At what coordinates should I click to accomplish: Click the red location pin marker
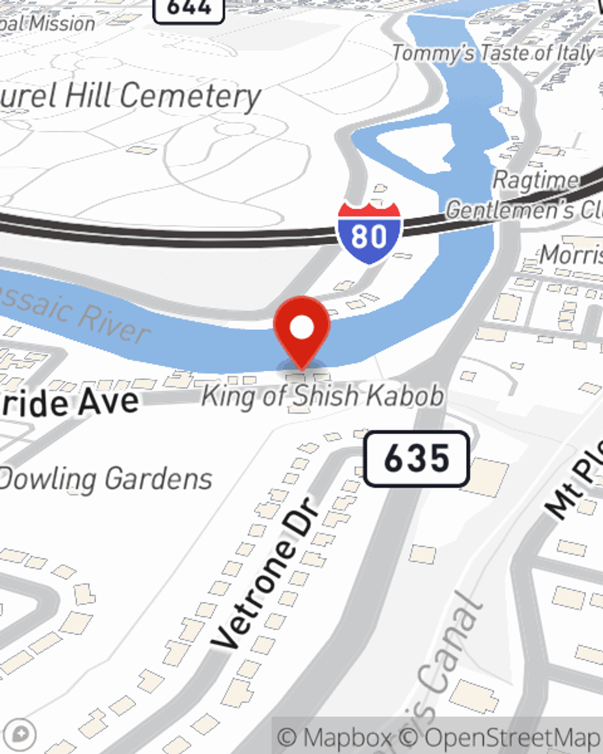(x=301, y=329)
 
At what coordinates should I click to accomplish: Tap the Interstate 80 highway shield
(x=369, y=233)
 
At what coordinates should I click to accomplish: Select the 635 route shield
(x=416, y=459)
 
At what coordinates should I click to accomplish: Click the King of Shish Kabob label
(x=323, y=396)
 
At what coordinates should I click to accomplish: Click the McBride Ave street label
(x=69, y=403)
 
